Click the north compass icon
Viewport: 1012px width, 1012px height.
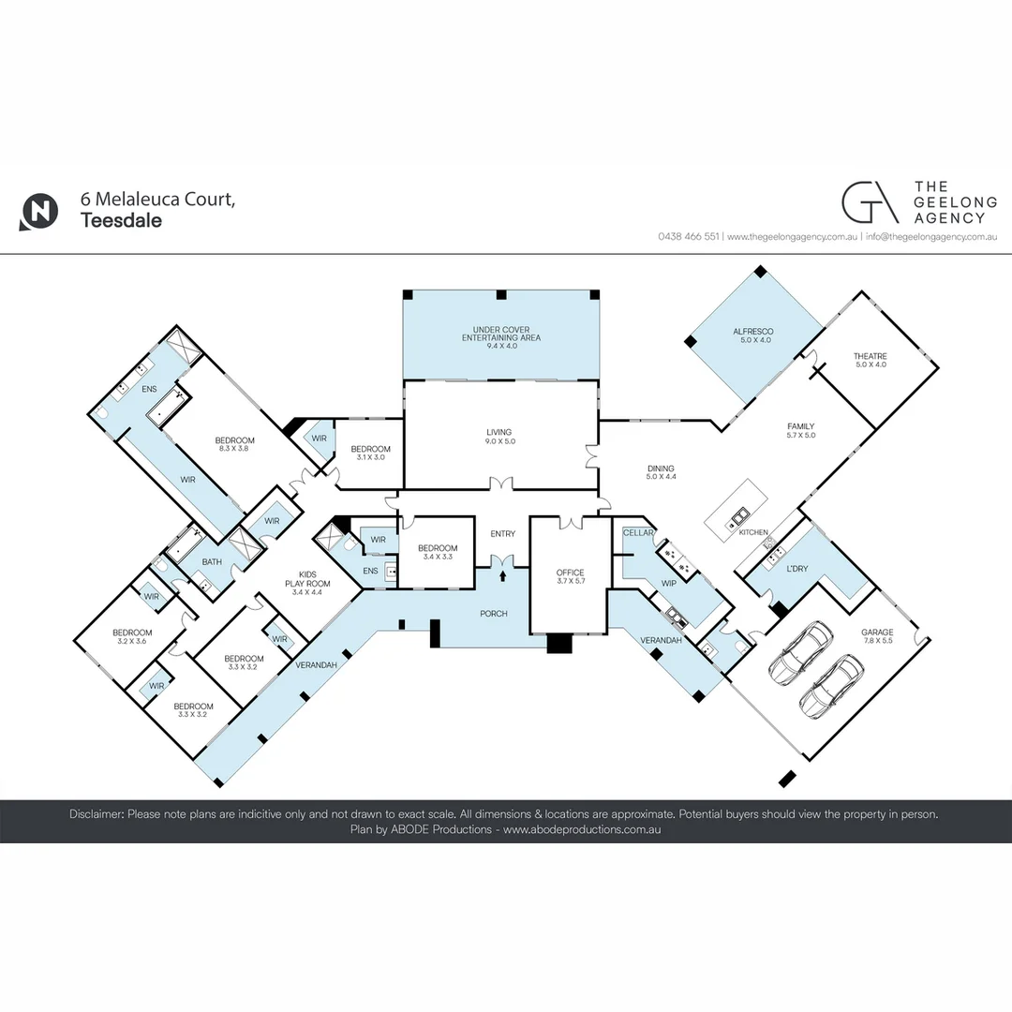[38, 211]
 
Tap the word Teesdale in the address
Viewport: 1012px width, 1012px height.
[121, 221]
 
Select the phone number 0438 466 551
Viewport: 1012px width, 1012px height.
[688, 237]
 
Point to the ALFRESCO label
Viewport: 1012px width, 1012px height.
[752, 335]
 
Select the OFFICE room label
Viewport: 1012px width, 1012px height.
[570, 573]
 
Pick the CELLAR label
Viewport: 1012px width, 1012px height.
[638, 532]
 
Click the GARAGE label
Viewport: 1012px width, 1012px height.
[877, 632]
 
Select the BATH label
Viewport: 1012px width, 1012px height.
[213, 562]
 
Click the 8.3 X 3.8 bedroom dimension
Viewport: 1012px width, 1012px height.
[234, 449]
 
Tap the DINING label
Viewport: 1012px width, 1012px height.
[661, 469]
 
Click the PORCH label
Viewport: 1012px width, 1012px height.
[493, 614]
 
